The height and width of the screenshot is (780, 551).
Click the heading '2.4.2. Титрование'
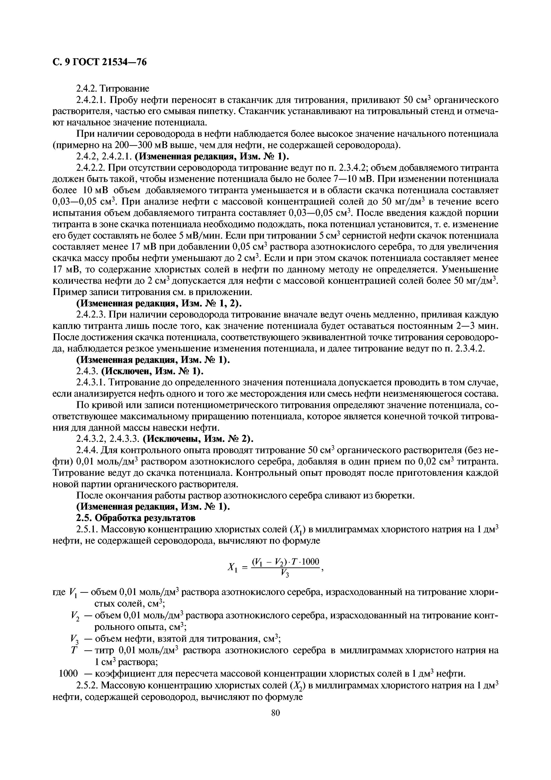(x=112, y=89)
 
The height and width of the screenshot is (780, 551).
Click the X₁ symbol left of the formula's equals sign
(x=232, y=567)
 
